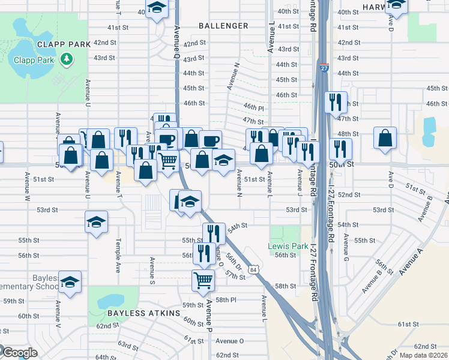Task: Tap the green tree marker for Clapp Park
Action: (66, 59)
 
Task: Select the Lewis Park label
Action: (288, 246)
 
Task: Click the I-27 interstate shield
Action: (324, 68)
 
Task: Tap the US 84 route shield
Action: (255, 270)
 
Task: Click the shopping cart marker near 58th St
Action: (203, 279)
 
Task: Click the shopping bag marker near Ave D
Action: (385, 137)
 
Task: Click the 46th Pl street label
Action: (254, 107)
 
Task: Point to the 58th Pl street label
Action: (226, 299)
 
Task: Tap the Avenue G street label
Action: (346, 246)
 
